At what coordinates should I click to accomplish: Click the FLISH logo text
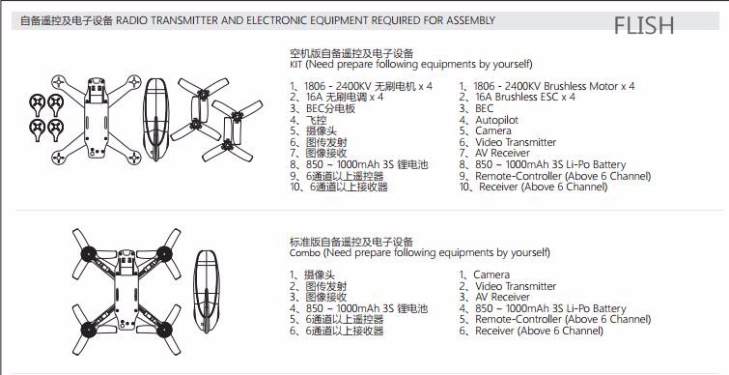(643, 25)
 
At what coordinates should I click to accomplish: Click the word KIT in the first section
(295, 64)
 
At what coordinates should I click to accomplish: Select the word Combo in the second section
(305, 252)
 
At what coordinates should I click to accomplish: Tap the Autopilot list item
(496, 120)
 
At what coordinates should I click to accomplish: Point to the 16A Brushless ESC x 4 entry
(525, 98)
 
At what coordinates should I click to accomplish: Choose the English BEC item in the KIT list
(485, 109)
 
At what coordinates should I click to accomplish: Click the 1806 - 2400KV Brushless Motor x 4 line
(553, 86)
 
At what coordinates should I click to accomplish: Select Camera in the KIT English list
(493, 131)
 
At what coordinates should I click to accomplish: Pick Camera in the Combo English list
(491, 275)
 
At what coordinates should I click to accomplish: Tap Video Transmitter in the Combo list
(516, 286)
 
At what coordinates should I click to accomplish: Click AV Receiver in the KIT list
(503, 153)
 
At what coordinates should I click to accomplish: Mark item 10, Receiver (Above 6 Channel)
(544, 187)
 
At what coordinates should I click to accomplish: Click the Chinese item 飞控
(316, 120)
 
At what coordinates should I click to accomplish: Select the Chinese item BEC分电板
(330, 109)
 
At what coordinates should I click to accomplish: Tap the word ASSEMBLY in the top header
(471, 20)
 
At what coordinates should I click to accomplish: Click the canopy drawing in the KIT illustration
(155, 119)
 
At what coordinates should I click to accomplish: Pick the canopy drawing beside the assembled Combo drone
(206, 291)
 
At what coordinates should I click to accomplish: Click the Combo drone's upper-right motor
(164, 254)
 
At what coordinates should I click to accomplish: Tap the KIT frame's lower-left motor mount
(58, 158)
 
